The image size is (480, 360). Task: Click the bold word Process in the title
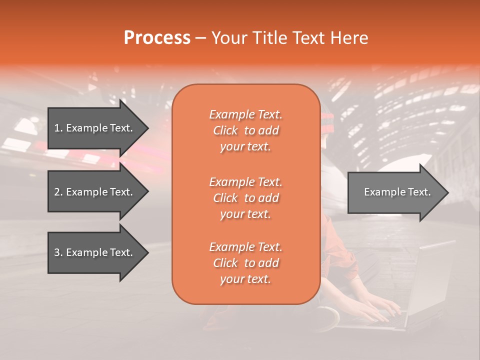coord(157,38)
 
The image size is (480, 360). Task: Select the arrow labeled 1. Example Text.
coord(95,128)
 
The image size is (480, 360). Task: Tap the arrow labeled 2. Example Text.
coord(95,192)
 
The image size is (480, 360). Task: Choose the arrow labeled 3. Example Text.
coord(95,252)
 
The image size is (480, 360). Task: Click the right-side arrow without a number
coord(395,192)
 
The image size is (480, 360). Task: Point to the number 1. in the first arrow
coord(58,128)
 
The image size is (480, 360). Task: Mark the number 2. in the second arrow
coord(58,192)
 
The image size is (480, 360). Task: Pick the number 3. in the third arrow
coord(58,252)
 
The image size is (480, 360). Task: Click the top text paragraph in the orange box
coord(245,130)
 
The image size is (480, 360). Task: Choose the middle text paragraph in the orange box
coord(245,198)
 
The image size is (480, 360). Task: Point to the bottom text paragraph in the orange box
coord(245,263)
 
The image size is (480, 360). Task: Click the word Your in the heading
coord(231,38)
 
